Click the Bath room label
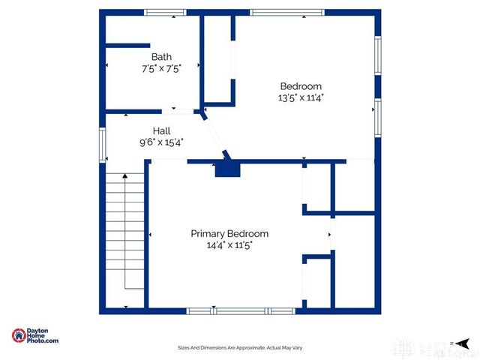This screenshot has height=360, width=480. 161,56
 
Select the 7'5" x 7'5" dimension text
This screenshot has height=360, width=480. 161,68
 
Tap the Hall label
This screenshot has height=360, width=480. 161,130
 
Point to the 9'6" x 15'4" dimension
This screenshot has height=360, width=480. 161,142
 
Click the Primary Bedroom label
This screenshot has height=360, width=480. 229,233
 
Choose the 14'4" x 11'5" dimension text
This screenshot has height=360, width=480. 229,245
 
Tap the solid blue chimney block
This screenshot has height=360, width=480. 228,170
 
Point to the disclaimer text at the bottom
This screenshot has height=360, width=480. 239,347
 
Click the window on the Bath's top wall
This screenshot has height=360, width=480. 165,12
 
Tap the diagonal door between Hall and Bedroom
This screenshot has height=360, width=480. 214,136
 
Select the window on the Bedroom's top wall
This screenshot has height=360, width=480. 288,12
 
